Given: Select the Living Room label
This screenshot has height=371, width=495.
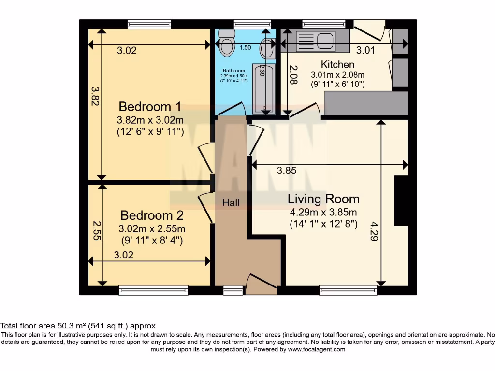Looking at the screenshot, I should click(323, 199).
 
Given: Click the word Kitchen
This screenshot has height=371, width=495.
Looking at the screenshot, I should click(338, 64).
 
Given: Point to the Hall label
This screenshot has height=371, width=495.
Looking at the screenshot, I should click(231, 203).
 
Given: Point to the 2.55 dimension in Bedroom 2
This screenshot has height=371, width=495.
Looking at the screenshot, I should click(96, 230).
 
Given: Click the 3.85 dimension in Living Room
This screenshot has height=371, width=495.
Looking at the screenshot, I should click(286, 170).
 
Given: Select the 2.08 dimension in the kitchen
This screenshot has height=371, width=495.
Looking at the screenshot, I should click(292, 76).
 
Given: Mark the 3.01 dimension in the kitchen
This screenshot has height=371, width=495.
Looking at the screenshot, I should click(366, 50).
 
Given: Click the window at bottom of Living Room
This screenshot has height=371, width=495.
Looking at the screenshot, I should click(348, 290).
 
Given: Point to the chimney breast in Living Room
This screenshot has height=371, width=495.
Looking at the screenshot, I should click(402, 200).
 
